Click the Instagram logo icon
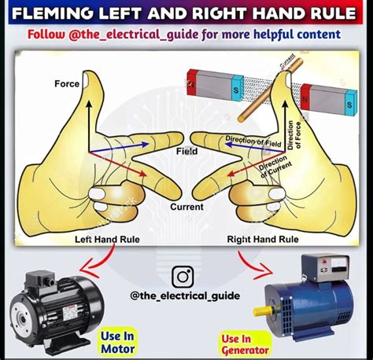click(x=183, y=277)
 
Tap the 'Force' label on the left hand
click(x=67, y=84)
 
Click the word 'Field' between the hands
click(x=186, y=151)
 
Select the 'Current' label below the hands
click(x=186, y=208)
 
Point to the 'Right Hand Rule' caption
click(x=262, y=239)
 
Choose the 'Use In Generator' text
click(x=244, y=344)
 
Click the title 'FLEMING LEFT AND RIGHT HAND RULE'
click(x=186, y=13)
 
